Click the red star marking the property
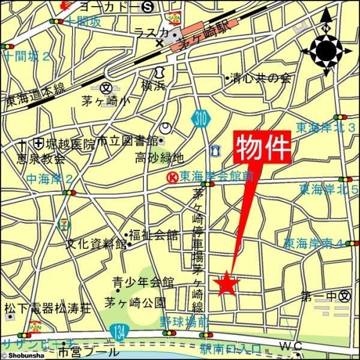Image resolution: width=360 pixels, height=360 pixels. (x=226, y=284)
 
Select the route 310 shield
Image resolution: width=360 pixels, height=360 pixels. (x=202, y=119)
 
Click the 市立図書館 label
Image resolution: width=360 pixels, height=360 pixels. (x=127, y=141)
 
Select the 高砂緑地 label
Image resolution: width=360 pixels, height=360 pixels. (x=159, y=158)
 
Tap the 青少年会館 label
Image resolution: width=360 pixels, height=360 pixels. (x=143, y=282)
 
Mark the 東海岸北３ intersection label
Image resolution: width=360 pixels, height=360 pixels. (x=326, y=127)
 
